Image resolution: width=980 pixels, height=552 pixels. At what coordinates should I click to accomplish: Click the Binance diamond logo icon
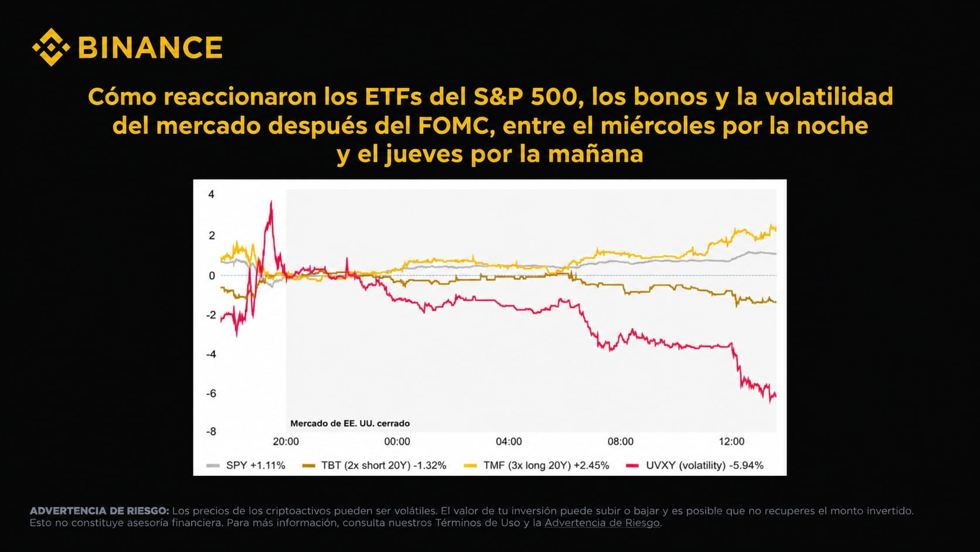51,48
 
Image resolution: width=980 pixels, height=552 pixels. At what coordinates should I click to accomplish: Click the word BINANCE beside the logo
151,48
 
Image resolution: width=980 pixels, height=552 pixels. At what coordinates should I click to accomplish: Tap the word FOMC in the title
453,126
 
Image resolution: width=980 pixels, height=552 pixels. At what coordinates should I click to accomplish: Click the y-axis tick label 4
212,194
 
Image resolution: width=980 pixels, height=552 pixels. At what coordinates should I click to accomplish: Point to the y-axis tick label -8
211,432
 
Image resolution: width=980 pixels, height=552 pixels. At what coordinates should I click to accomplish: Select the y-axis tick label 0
212,276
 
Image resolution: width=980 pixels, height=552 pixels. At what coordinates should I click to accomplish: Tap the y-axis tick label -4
211,354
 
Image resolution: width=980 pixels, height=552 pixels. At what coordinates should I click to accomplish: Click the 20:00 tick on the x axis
285,441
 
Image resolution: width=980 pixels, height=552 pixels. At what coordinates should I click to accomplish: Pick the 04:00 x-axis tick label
509,441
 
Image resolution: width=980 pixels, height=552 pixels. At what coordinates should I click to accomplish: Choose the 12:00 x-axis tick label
731,441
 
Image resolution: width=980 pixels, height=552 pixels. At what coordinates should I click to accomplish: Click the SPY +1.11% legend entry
246,465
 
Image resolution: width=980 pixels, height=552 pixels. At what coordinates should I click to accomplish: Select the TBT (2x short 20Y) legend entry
375,465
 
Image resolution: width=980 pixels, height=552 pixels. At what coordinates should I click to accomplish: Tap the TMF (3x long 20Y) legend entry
536,465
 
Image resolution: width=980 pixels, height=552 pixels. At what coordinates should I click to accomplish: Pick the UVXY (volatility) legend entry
695,465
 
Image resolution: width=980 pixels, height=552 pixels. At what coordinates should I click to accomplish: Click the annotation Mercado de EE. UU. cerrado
350,424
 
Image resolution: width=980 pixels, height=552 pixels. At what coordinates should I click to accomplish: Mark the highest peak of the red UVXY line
271,201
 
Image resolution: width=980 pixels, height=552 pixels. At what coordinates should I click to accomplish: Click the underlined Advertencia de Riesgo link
602,523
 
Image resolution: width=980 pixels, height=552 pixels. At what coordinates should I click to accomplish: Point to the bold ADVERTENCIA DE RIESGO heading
99,511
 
